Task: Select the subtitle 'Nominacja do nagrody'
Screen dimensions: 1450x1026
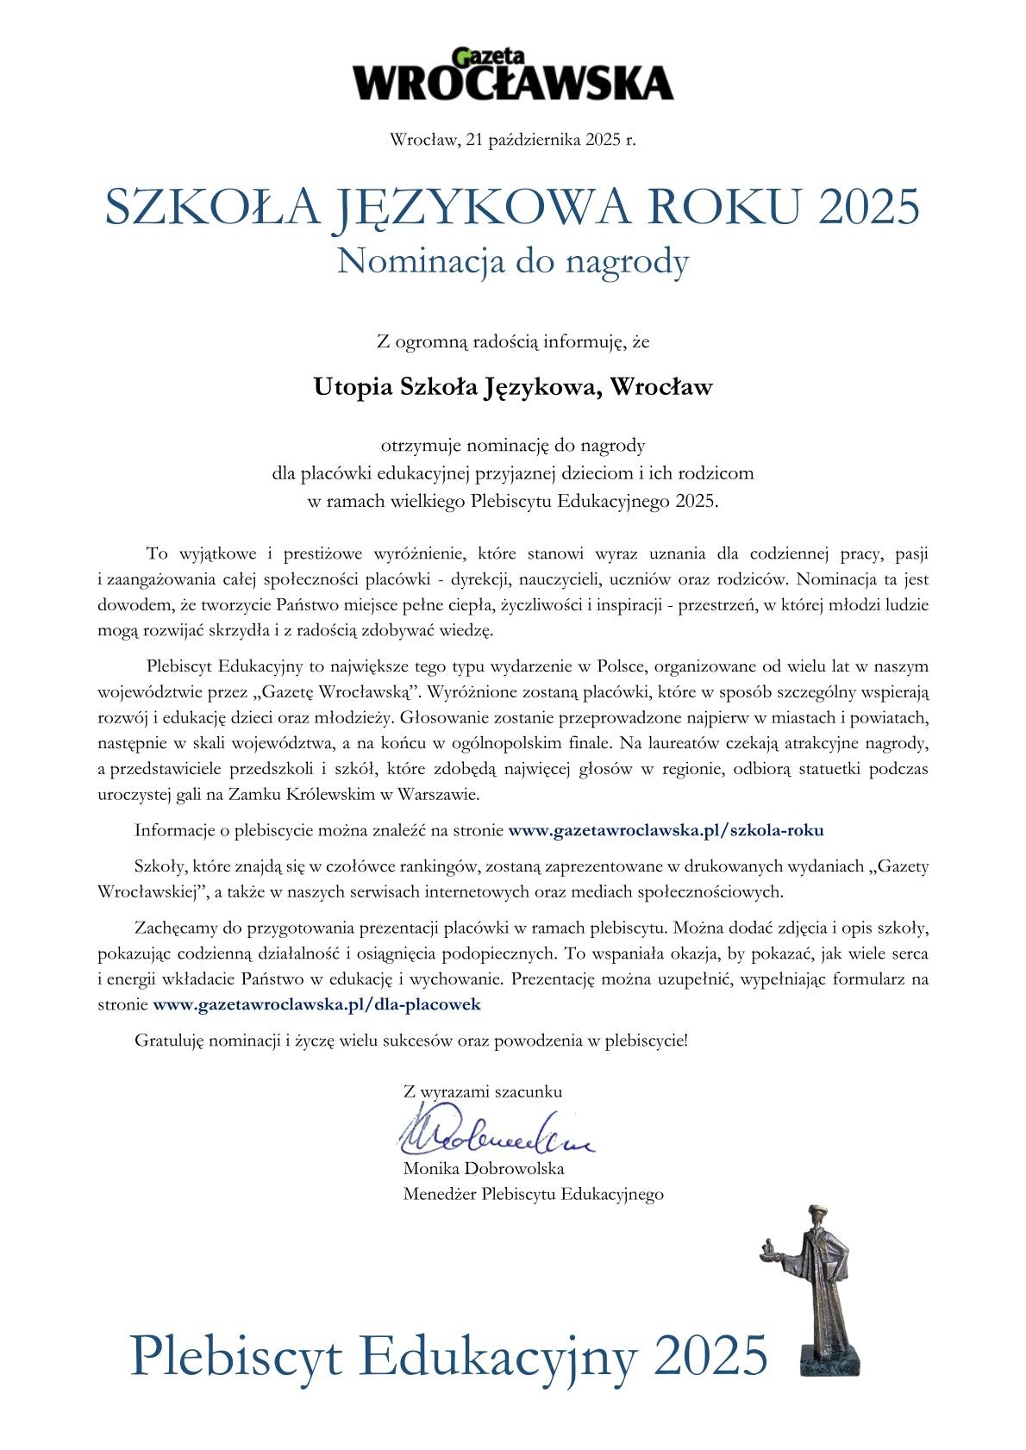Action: pyautogui.click(x=513, y=260)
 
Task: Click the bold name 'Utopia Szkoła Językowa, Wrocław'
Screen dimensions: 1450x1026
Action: pyautogui.click(x=513, y=387)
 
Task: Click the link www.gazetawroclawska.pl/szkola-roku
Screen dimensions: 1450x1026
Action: pyautogui.click(x=666, y=831)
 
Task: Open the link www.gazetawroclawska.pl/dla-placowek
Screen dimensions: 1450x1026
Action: pyautogui.click(x=316, y=1004)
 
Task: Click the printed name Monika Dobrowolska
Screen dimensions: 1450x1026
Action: pyautogui.click(x=483, y=1169)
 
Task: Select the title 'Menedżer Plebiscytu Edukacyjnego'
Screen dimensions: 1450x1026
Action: pyautogui.click(x=533, y=1194)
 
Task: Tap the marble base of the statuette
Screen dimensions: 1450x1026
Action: pyautogui.click(x=826, y=1359)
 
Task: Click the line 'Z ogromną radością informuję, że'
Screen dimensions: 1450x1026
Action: pyautogui.click(x=513, y=342)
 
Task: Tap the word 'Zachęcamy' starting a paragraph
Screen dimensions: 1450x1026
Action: pyautogui.click(x=177, y=929)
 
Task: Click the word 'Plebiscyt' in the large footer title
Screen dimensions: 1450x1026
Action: pyautogui.click(x=236, y=1354)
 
